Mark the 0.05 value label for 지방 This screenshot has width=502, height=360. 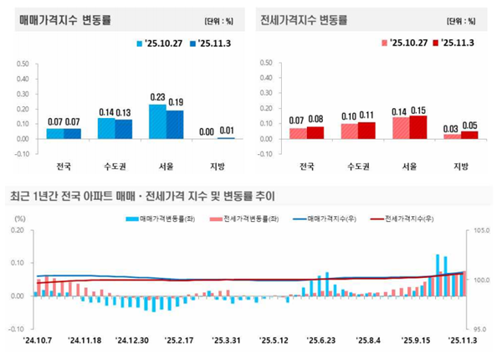[x=469, y=125]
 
